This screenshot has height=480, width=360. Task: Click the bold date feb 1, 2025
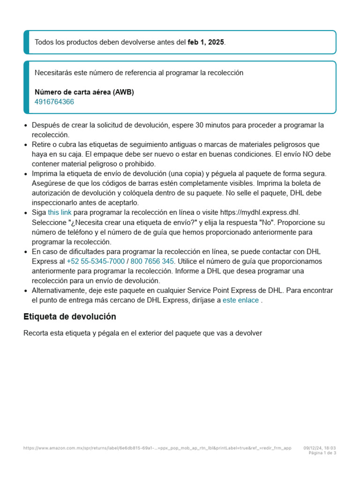(x=206, y=42)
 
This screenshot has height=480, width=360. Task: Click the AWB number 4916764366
(x=54, y=102)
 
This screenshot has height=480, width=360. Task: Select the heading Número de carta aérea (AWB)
(x=84, y=92)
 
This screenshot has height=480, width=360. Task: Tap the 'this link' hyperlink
(x=60, y=212)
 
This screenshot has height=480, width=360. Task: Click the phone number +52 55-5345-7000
(x=96, y=261)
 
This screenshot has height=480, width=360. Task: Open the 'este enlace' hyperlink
(x=240, y=300)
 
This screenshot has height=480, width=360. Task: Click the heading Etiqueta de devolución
(x=70, y=316)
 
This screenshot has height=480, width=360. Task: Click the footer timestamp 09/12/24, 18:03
(x=320, y=448)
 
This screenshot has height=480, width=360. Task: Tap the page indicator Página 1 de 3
(x=322, y=453)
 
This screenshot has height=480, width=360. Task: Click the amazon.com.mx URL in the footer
(x=157, y=448)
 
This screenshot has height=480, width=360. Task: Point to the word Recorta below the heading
(x=37, y=333)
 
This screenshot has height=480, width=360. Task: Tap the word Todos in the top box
(x=44, y=42)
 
